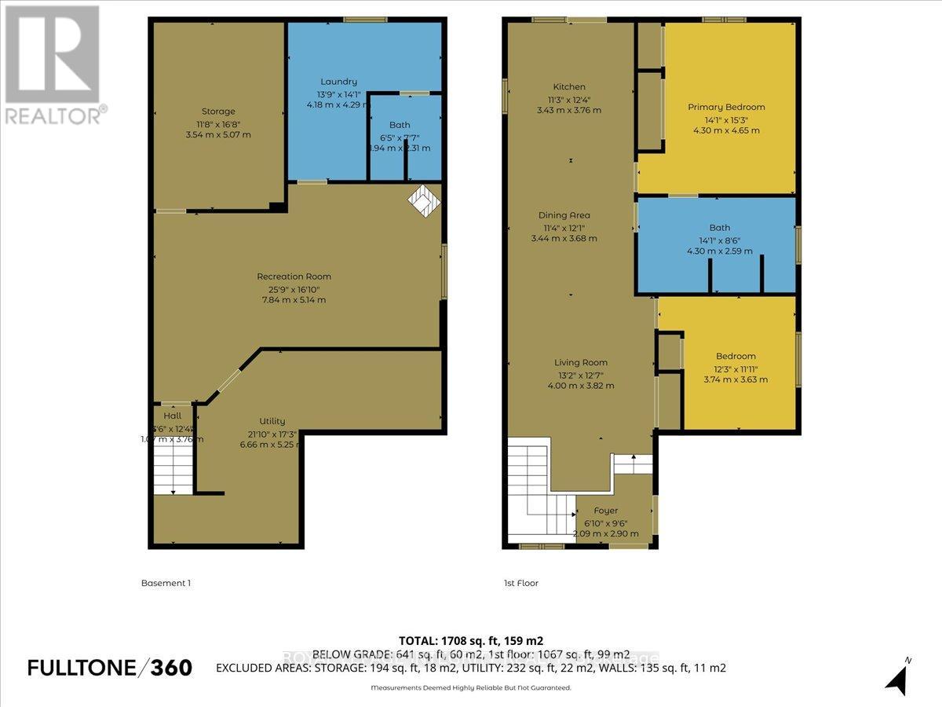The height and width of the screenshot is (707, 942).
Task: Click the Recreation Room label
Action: pyautogui.click(x=294, y=277)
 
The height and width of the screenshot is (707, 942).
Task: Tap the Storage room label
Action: pyautogui.click(x=217, y=112)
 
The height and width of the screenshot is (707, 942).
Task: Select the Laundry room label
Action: pyautogui.click(x=338, y=82)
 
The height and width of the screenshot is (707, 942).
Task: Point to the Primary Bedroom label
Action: pyautogui.click(x=726, y=107)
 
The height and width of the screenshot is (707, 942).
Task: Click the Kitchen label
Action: pyautogui.click(x=568, y=87)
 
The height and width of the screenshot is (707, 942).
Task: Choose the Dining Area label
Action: pyautogui.click(x=564, y=215)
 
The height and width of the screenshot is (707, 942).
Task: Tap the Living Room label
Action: pyautogui.click(x=581, y=363)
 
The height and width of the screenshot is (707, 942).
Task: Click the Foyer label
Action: pyautogui.click(x=605, y=511)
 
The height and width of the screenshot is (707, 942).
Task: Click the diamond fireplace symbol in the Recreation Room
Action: pyautogui.click(x=424, y=200)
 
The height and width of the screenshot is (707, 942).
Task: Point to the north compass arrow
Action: pyautogui.click(x=897, y=676)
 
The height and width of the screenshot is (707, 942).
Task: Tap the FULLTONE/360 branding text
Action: pyautogui.click(x=110, y=668)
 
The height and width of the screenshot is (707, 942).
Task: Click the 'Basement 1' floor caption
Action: pyautogui.click(x=166, y=583)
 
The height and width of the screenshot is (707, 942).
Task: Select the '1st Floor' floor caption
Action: pyautogui.click(x=521, y=583)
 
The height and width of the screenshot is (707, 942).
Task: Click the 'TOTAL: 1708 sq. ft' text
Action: pyautogui.click(x=470, y=640)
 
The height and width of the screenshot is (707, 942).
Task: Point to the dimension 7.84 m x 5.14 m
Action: pyautogui.click(x=294, y=299)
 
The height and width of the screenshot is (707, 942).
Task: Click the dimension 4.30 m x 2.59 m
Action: pyautogui.click(x=719, y=251)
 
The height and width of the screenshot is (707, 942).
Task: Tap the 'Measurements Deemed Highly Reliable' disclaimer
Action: pyautogui.click(x=470, y=687)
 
